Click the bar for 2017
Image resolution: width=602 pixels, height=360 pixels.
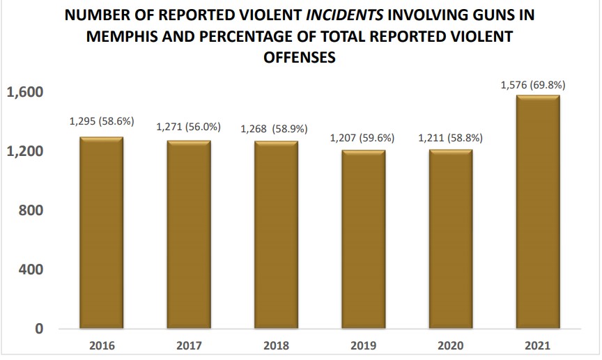[x=188, y=235]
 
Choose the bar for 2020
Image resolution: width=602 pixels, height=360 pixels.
[x=450, y=239]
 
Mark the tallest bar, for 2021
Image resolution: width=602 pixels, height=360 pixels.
[x=537, y=212]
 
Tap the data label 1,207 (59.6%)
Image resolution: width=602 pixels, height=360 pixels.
[x=362, y=138]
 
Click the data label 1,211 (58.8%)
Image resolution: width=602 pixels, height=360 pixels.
[x=450, y=138]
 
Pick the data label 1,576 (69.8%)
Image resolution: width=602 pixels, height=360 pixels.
[x=533, y=85]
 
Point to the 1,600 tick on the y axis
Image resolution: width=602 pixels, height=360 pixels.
[x=25, y=92]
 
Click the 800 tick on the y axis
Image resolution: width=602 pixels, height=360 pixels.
[x=31, y=210]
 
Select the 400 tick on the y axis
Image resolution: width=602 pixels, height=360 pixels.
[x=31, y=269]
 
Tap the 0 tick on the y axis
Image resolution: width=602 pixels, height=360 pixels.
[x=39, y=329]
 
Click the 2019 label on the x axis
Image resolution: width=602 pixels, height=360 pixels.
[x=362, y=345]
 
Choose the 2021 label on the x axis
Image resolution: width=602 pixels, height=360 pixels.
[x=537, y=345]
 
